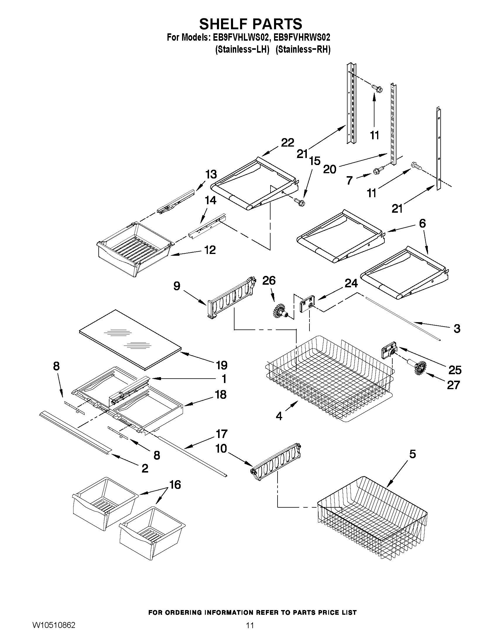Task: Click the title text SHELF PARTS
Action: (251, 24)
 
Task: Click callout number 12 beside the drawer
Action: (210, 250)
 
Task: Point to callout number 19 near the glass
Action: (222, 365)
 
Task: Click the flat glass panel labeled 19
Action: (130, 339)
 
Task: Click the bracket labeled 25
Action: (388, 350)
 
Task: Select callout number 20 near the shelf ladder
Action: (330, 169)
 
